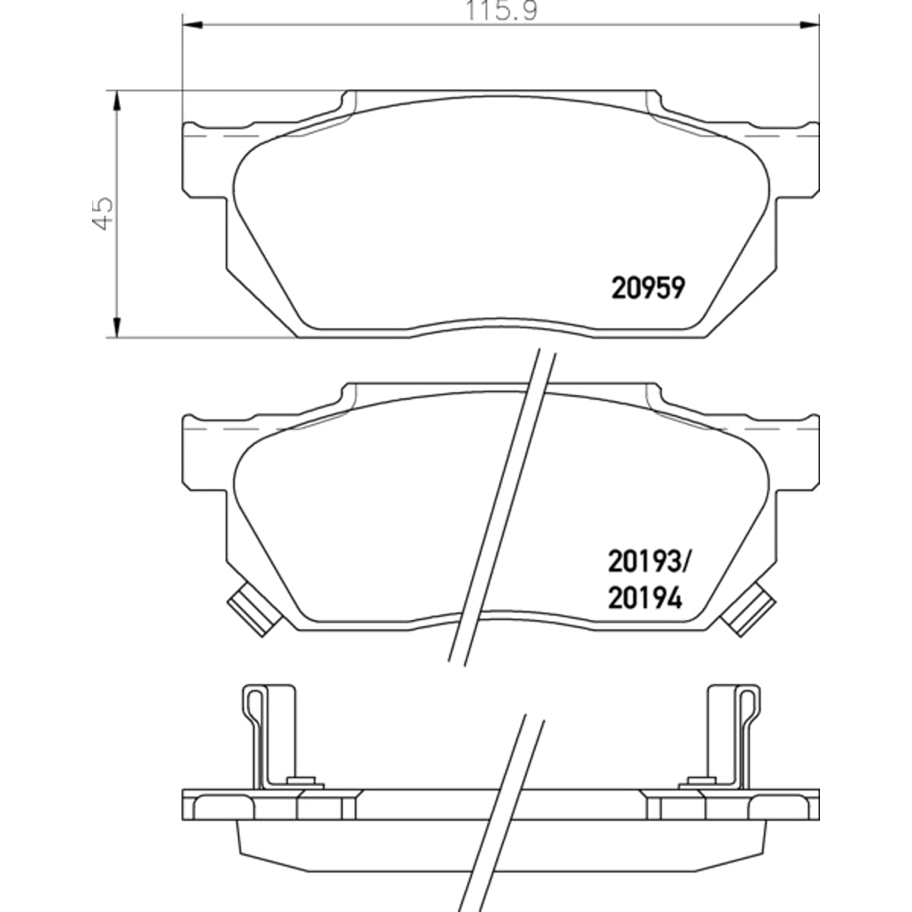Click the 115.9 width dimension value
coord(502,11)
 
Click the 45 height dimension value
coord(103,214)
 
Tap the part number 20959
coord(648,288)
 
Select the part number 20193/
coord(650,562)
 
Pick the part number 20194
coord(645,598)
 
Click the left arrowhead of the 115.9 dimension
coord(192,24)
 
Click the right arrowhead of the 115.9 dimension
coord(809,24)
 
